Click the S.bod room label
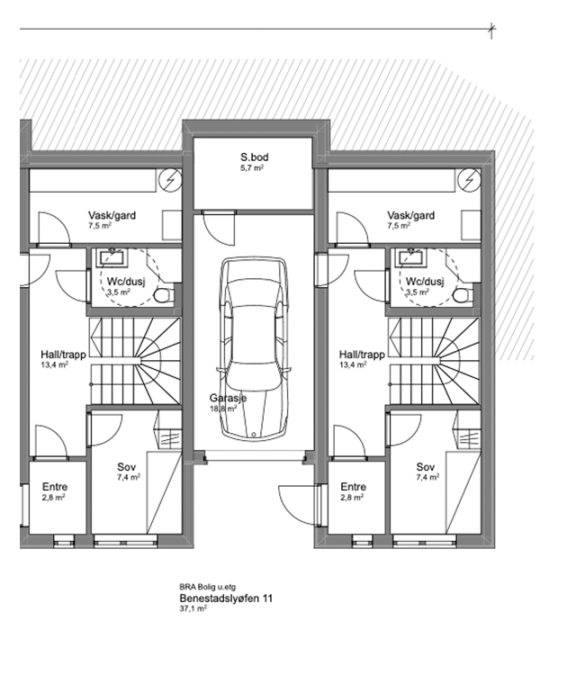tap(255, 157)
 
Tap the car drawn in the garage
tap(254, 348)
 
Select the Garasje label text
tap(228, 398)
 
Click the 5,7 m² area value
tap(252, 168)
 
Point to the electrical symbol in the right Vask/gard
tap(469, 180)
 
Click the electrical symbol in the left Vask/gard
tap(170, 180)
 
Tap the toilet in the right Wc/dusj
tap(463, 295)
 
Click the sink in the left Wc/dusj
tap(112, 257)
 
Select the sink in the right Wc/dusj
tap(411, 257)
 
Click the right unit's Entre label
tap(354, 487)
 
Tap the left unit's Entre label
tap(55, 487)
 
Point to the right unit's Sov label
tap(426, 467)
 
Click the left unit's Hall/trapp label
tap(63, 355)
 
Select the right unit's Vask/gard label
tap(410, 215)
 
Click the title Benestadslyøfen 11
tap(226, 598)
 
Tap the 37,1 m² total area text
tap(193, 608)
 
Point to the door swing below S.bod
tap(219, 229)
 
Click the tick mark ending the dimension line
tap(491, 30)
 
